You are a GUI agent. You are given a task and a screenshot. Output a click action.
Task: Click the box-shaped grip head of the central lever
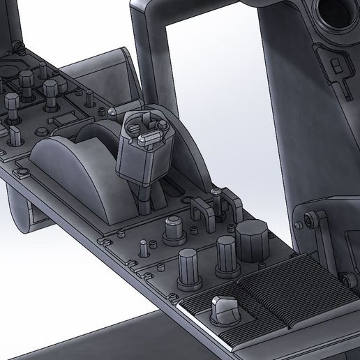pos(145,150)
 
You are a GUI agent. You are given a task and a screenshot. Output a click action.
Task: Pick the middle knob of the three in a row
pos(226,255)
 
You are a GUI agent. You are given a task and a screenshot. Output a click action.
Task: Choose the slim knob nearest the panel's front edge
pos(189,269)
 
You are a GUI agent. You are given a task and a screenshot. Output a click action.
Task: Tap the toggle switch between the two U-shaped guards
pos(218,202)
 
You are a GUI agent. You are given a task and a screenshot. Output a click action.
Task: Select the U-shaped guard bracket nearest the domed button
pos(200,213)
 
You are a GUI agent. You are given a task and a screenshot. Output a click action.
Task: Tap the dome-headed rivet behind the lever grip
pos(112,111)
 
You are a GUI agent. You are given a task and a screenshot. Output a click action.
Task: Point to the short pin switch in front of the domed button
pos(144,247)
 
